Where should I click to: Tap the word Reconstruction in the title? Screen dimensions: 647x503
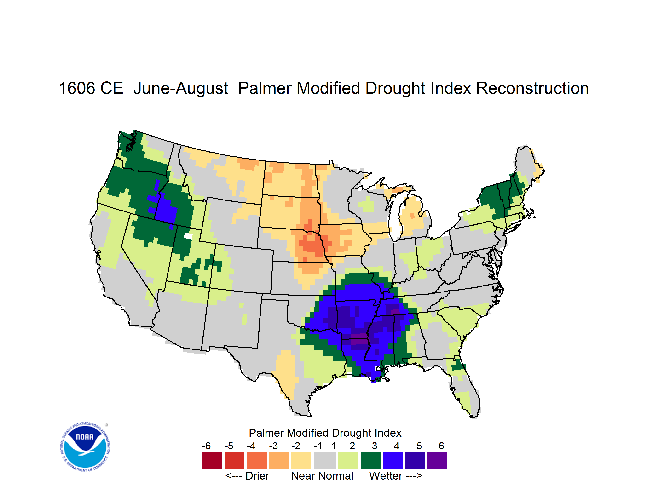[532, 89]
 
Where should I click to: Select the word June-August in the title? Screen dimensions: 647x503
[181, 89]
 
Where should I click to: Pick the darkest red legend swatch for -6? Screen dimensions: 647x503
[212, 460]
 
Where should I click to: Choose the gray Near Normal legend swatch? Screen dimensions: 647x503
[325, 460]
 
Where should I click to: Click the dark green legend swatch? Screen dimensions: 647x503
[370, 460]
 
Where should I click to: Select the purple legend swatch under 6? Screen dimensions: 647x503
[437, 460]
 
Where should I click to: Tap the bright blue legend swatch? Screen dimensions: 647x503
[393, 460]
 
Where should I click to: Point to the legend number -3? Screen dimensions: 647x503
[273, 446]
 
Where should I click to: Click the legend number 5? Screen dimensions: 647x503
[419, 446]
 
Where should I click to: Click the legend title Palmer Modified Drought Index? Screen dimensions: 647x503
[325, 433]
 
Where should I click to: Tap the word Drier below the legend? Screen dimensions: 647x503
[257, 476]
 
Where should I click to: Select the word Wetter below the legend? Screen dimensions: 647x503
[386, 476]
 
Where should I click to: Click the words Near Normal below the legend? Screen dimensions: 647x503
[322, 476]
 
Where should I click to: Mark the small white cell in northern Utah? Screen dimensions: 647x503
[188, 236]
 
